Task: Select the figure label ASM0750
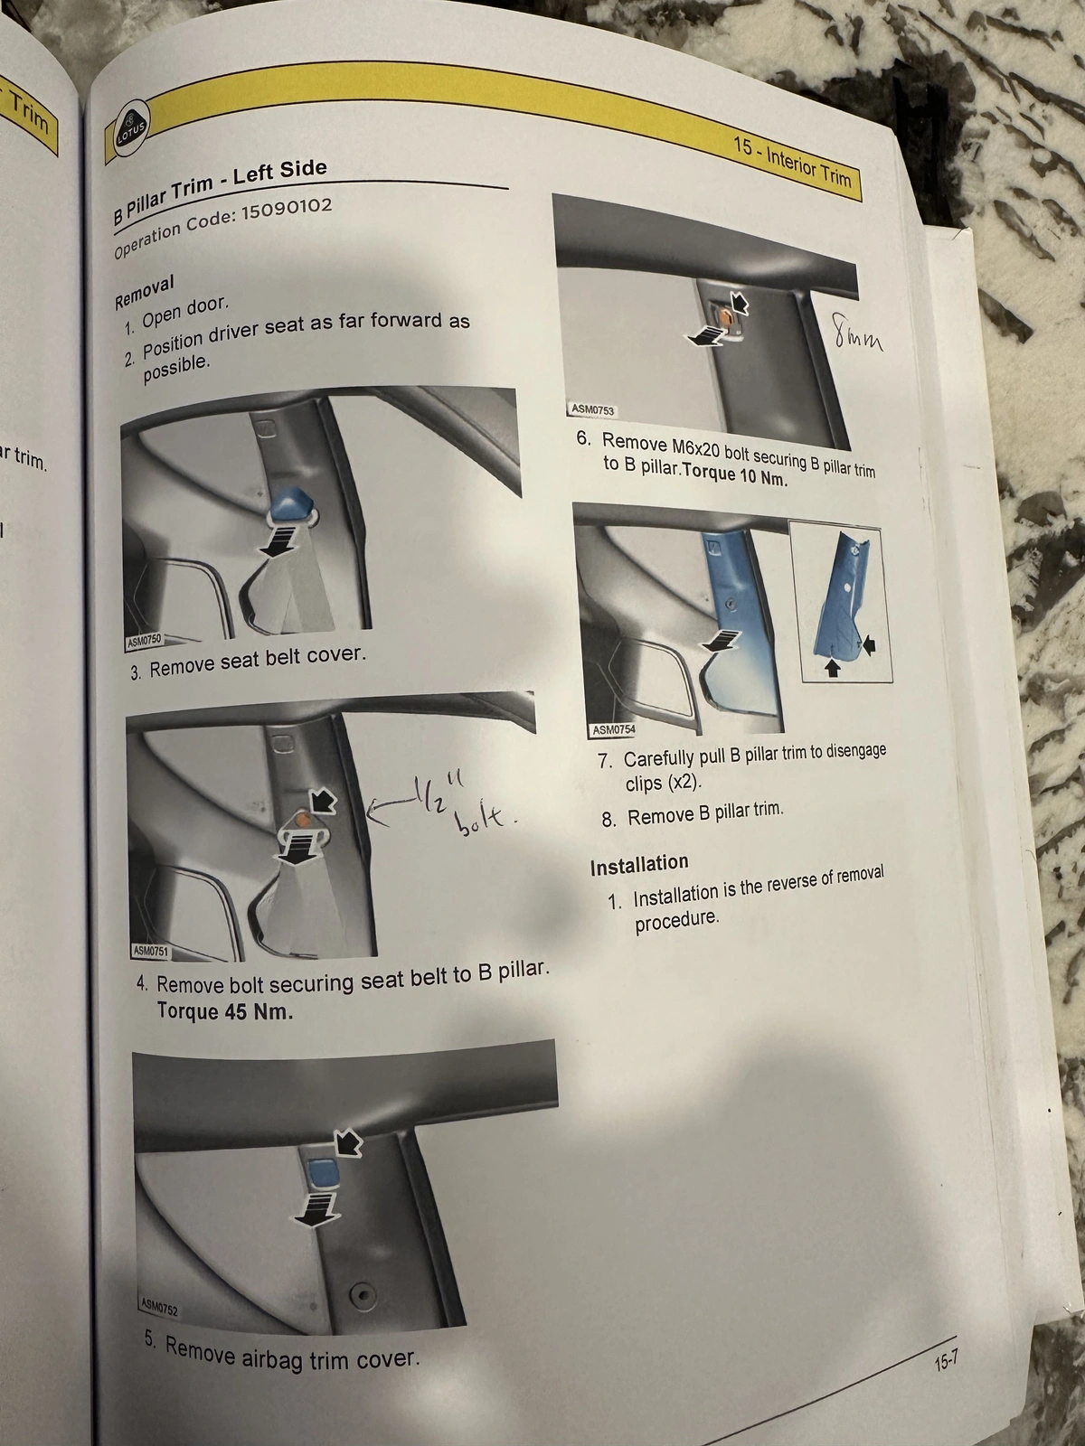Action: click(143, 639)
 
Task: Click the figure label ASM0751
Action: click(150, 952)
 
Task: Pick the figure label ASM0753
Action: click(592, 409)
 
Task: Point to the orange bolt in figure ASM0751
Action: click(304, 821)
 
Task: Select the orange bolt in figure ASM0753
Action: click(724, 319)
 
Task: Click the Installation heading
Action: click(639, 865)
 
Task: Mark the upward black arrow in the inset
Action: click(833, 668)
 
